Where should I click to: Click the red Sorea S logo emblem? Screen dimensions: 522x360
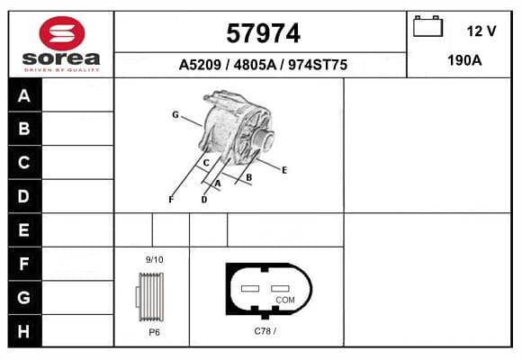click(62, 33)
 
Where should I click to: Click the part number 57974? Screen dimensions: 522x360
click(263, 33)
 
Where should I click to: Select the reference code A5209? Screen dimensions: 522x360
click(200, 65)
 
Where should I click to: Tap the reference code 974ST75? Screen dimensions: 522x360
click(318, 65)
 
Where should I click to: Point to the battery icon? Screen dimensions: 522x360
click(427, 26)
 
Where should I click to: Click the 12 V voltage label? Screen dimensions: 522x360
click(481, 31)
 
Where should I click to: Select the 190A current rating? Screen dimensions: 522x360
click(464, 60)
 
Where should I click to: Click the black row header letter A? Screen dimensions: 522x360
click(24, 96)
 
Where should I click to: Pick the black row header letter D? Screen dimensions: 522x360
click(23, 196)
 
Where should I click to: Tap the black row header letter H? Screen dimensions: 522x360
click(23, 331)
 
